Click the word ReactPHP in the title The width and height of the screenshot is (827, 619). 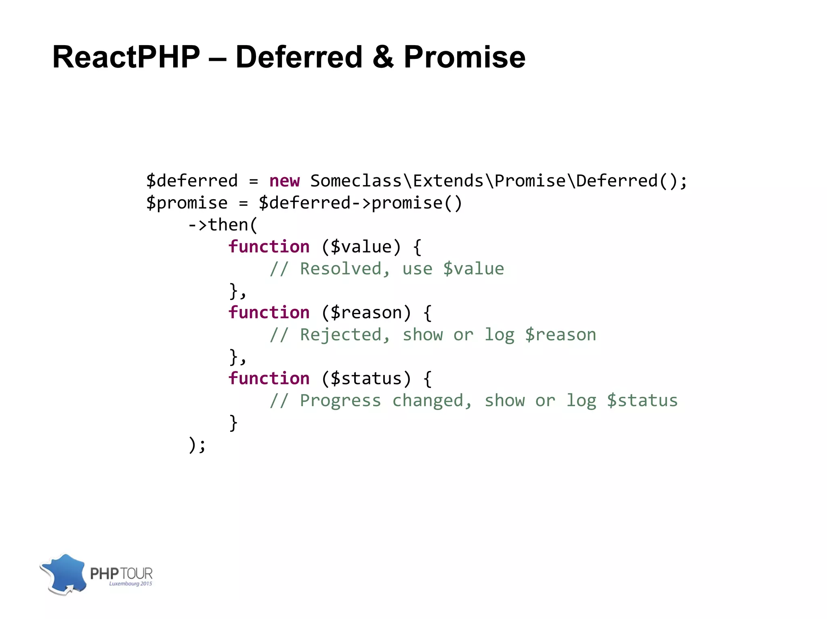126,57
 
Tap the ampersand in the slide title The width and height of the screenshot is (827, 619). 382,57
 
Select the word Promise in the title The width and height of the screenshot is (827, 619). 464,57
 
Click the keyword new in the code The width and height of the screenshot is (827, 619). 284,181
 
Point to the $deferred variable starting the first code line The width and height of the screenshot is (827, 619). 192,181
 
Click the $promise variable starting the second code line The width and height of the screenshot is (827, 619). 187,203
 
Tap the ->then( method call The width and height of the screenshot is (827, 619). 222,225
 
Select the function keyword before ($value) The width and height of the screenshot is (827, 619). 269,247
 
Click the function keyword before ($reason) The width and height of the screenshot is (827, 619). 269,313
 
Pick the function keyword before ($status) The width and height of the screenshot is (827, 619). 269,379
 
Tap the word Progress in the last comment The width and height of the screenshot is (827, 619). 340,401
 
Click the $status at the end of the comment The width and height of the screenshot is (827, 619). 642,401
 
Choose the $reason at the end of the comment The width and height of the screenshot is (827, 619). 560,335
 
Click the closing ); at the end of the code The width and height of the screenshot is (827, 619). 197,445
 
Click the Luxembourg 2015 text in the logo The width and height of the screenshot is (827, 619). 130,584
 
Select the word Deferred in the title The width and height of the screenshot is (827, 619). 299,57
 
